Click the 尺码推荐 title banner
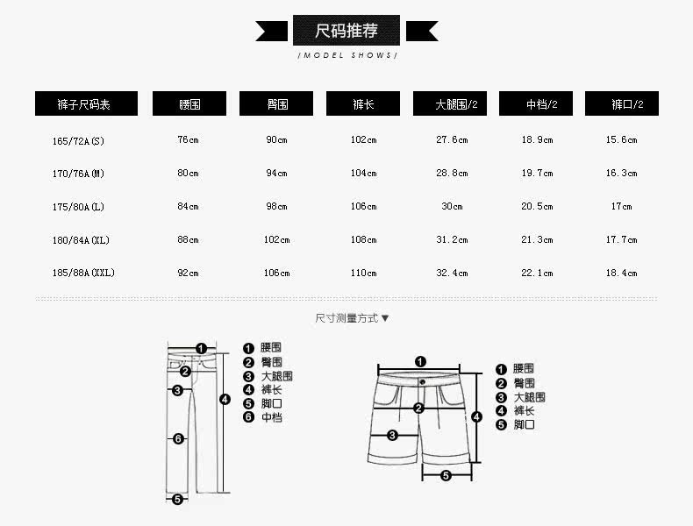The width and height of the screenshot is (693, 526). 346,31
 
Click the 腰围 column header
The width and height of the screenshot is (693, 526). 189,104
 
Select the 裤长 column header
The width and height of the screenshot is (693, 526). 363,104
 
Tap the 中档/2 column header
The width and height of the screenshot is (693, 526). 536,104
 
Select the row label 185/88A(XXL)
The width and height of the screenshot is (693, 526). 83,274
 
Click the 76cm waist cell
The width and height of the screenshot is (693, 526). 189,140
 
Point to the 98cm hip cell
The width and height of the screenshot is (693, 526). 276,207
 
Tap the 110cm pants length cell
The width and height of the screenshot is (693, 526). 363,274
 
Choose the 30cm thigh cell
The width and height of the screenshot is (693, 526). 452,207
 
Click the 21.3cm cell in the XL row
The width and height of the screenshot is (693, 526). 537,240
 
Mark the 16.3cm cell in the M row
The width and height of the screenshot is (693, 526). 622,174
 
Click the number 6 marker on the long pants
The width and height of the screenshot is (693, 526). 178,438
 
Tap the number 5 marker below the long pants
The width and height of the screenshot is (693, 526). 177,499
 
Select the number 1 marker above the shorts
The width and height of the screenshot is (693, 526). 420,361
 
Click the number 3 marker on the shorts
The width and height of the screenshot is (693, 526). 392,435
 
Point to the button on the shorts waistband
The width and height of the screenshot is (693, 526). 422,381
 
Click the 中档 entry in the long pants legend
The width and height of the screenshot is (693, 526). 272,418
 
